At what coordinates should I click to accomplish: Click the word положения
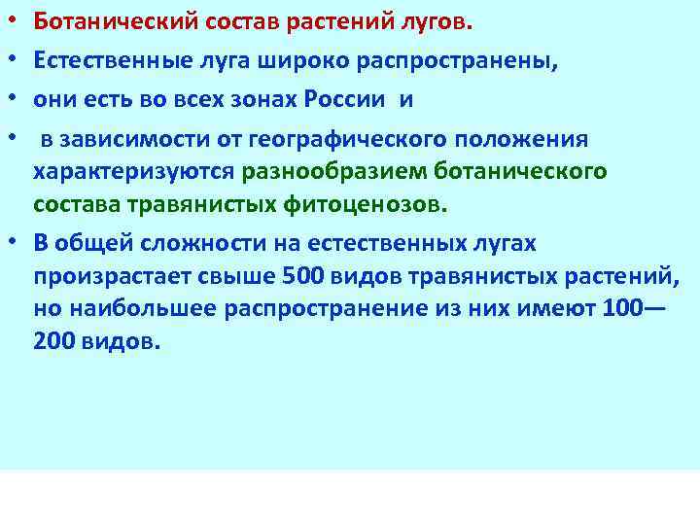[519, 138]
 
